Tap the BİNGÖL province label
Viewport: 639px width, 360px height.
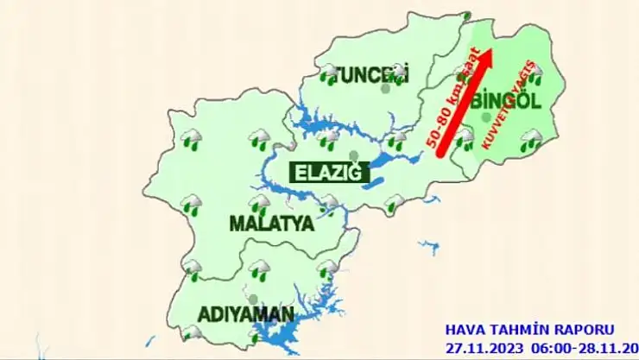pyautogui.click(x=507, y=101)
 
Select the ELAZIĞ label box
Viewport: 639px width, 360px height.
pyautogui.click(x=327, y=173)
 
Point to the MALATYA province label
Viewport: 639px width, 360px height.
pyautogui.click(x=270, y=224)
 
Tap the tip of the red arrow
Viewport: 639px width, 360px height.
pyautogui.click(x=490, y=52)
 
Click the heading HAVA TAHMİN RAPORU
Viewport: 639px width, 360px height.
pyautogui.click(x=529, y=330)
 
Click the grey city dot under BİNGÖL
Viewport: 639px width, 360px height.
pyautogui.click(x=487, y=117)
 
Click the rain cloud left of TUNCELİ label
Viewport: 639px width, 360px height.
pyautogui.click(x=328, y=73)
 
